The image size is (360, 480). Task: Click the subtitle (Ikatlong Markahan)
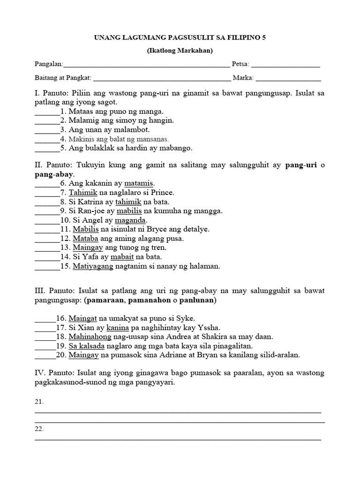(180, 51)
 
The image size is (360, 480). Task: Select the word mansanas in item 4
(152, 139)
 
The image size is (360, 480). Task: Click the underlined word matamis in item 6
(139, 183)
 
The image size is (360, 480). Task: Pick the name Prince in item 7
(162, 192)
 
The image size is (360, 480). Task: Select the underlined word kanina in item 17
(117, 327)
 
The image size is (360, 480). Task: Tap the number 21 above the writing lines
(39, 402)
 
